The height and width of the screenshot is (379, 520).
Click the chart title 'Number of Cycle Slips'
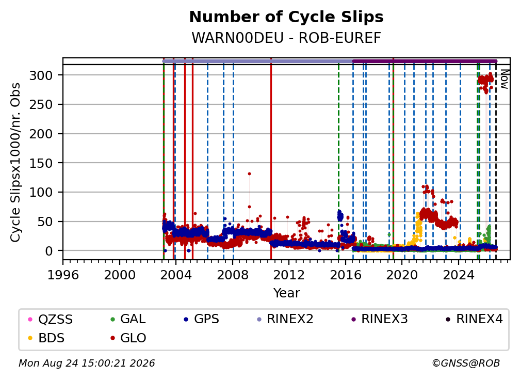[x=286, y=17]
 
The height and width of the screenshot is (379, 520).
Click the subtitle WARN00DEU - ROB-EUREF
[x=286, y=38]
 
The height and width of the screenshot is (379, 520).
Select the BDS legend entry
[x=47, y=338]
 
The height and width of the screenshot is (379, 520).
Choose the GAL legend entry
[x=128, y=319]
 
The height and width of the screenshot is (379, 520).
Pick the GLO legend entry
[x=128, y=338]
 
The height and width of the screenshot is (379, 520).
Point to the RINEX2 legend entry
[x=285, y=319]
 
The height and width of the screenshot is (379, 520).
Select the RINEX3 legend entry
[x=380, y=319]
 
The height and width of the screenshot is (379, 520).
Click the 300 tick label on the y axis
[x=41, y=76]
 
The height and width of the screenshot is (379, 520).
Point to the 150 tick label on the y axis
[x=41, y=163]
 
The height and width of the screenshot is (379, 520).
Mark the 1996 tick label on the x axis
[x=63, y=275]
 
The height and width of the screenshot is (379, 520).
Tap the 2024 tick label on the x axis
[x=459, y=275]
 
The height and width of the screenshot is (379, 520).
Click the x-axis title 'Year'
[x=286, y=293]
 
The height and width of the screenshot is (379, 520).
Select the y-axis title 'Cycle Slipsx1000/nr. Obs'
[x=15, y=162]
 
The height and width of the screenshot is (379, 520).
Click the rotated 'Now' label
[x=504, y=80]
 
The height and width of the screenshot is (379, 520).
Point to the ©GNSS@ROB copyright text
[x=466, y=364]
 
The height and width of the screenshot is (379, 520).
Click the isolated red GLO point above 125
[x=249, y=174]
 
